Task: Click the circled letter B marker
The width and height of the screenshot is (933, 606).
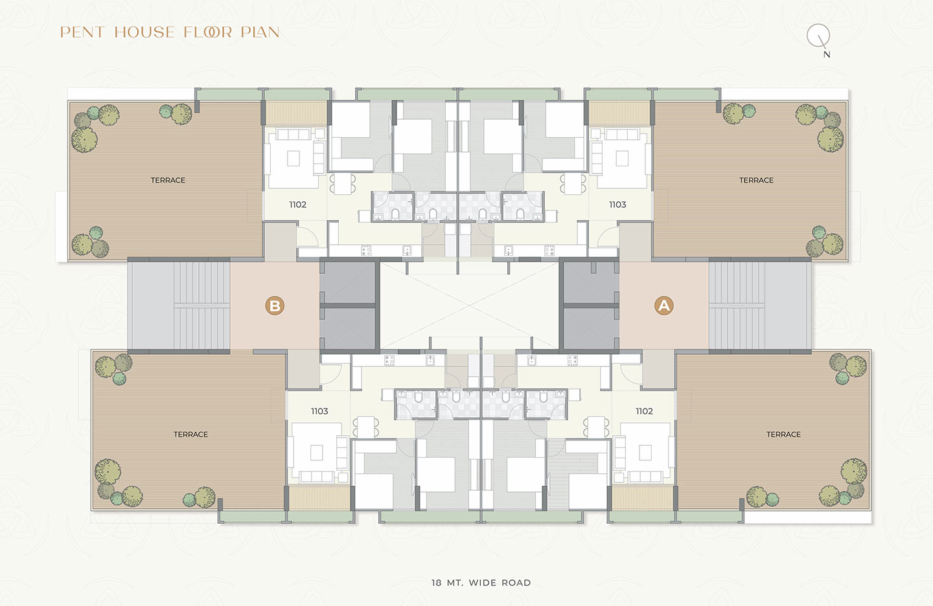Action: coord(275,306)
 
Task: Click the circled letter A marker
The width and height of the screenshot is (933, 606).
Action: coord(664,306)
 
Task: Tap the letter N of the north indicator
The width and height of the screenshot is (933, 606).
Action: coord(827,54)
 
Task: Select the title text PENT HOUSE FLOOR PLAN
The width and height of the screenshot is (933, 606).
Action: coord(170,32)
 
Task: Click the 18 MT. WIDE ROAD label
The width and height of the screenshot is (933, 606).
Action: coord(481,583)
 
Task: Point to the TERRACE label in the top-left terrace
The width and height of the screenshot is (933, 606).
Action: coord(168,180)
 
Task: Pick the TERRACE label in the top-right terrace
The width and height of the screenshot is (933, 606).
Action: coord(756,180)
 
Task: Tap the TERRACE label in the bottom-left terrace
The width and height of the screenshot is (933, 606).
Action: coord(190,434)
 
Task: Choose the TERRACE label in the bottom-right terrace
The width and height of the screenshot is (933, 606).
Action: coord(783,434)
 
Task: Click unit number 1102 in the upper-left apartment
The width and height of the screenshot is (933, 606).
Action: coord(298,205)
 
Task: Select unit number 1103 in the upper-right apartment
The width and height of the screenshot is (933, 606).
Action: coord(617,205)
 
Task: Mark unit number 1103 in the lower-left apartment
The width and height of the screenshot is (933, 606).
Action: coord(319,411)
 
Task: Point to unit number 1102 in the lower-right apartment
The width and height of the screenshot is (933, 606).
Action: coord(644,411)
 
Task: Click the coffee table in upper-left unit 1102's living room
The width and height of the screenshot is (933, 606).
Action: coord(294,158)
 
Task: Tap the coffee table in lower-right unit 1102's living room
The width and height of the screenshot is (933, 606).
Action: coord(645,453)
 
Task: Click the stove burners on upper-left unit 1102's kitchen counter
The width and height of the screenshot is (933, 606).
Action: coord(366,250)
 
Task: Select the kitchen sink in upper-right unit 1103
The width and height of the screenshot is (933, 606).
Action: coord(509,250)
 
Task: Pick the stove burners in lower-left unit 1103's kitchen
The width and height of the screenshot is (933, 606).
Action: coord(389,361)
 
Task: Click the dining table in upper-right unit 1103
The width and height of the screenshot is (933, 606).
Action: coord(573,184)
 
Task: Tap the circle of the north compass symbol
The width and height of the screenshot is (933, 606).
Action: coord(818,36)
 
